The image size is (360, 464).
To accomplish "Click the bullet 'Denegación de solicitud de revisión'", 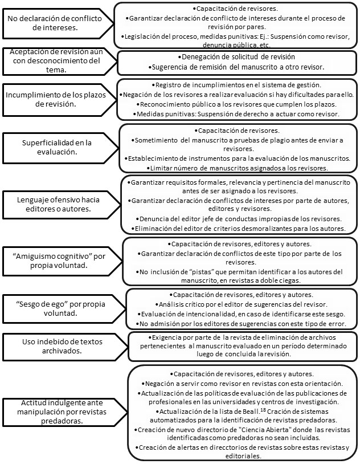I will click(x=236, y=58).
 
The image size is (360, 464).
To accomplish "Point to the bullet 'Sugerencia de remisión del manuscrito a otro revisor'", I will click(x=236, y=67).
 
